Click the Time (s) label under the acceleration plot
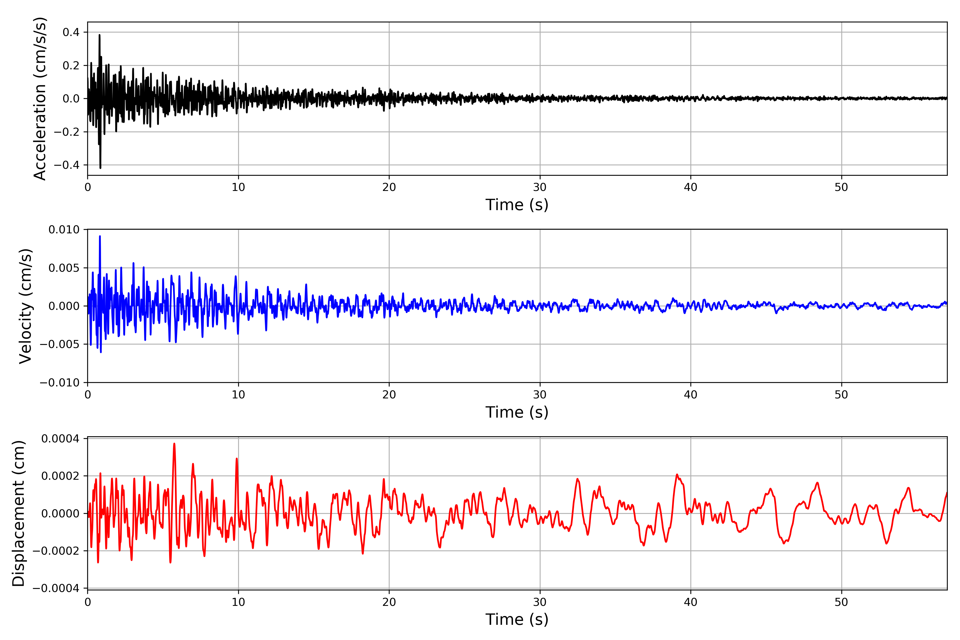(517, 205)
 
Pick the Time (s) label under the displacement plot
(517, 619)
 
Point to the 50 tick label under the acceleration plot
(841, 187)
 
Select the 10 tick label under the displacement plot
(238, 602)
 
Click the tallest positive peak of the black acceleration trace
(99, 35)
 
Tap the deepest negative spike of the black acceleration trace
(101, 168)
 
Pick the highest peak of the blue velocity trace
(100, 236)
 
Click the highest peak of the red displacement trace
(174, 444)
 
